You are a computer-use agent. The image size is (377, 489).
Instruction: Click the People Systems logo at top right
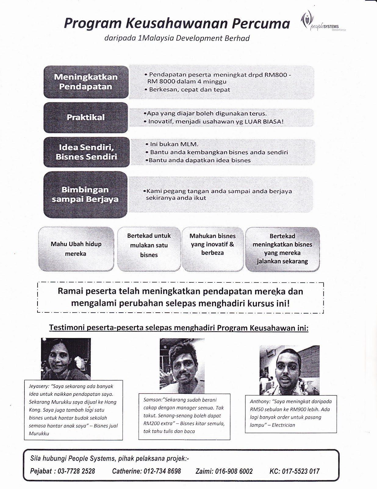tap(320, 23)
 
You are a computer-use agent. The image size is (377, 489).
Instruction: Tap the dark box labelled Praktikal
tap(86, 117)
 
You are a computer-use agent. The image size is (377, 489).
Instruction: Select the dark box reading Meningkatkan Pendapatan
tap(86, 82)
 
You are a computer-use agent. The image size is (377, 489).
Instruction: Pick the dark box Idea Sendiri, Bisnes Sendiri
tap(86, 152)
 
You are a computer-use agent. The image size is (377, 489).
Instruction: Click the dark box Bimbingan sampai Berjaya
tap(85, 194)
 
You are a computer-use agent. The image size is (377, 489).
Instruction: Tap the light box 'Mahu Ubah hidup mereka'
tap(76, 249)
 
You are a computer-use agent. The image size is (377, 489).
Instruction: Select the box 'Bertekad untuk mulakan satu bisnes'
tap(149, 245)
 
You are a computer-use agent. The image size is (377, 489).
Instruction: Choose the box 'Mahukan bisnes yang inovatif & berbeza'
tap(212, 244)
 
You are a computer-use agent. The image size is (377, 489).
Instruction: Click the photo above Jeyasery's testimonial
tap(66, 358)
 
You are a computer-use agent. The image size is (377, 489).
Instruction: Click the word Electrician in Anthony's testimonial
tap(283, 425)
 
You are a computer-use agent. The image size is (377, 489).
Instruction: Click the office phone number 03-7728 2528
tap(76, 471)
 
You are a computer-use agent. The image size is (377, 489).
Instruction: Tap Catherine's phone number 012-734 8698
tap(162, 471)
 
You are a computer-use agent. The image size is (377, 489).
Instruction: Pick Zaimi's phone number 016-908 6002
tap(234, 471)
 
